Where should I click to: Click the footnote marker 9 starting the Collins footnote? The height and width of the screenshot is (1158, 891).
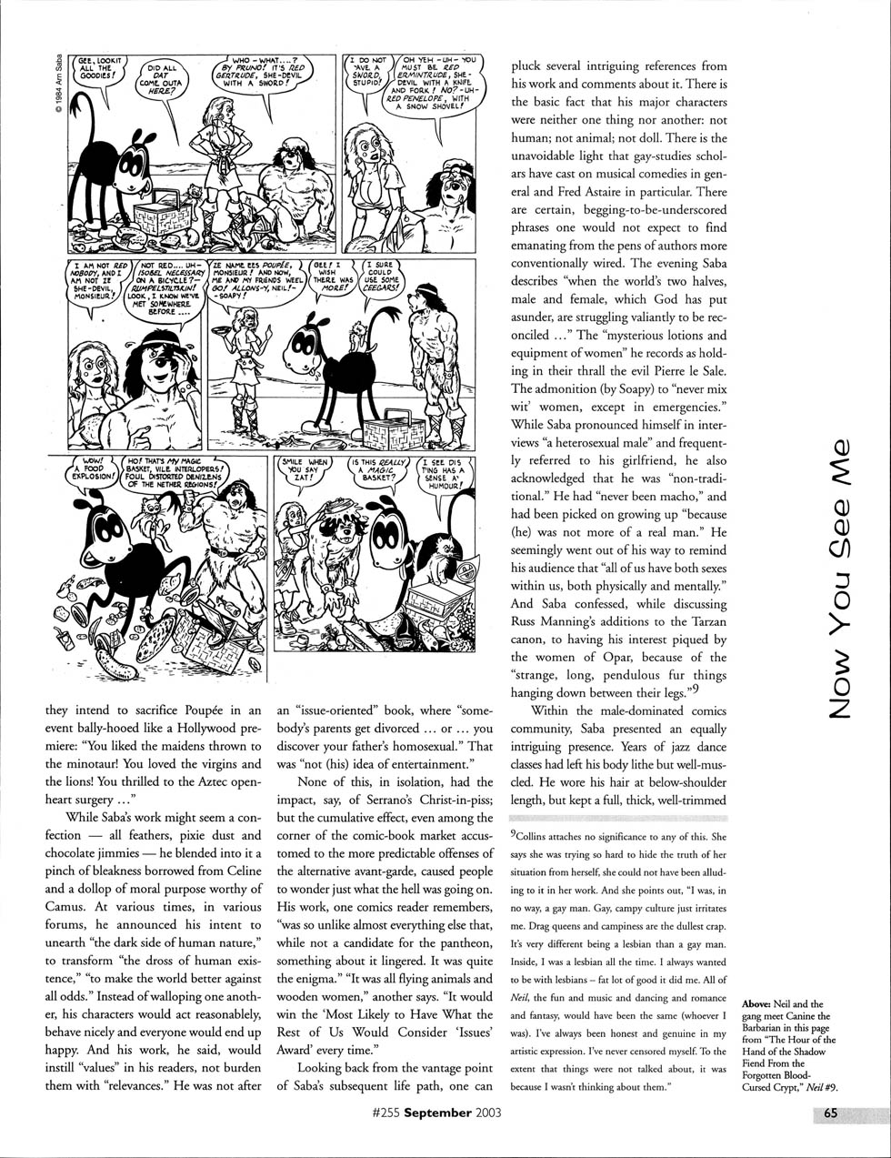coord(514,833)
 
